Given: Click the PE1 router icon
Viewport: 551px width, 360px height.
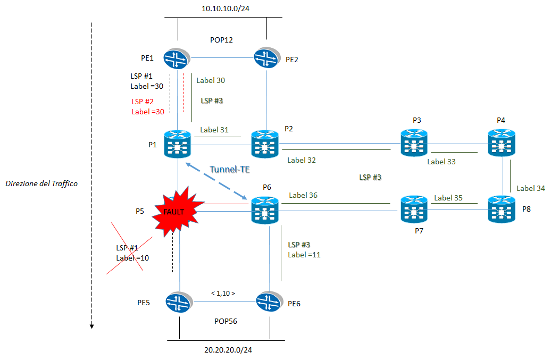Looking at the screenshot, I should [177, 58].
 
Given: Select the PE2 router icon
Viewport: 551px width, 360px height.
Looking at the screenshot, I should [266, 58].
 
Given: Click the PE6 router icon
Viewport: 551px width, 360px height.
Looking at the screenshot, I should [269, 303].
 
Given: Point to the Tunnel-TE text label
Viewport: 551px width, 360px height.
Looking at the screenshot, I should [229, 169].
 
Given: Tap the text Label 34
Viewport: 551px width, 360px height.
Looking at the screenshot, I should [531, 188].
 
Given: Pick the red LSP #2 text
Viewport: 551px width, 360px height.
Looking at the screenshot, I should [142, 102].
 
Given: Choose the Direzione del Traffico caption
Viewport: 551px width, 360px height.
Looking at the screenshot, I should [41, 183].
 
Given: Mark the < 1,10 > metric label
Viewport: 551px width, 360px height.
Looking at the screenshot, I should [223, 293].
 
